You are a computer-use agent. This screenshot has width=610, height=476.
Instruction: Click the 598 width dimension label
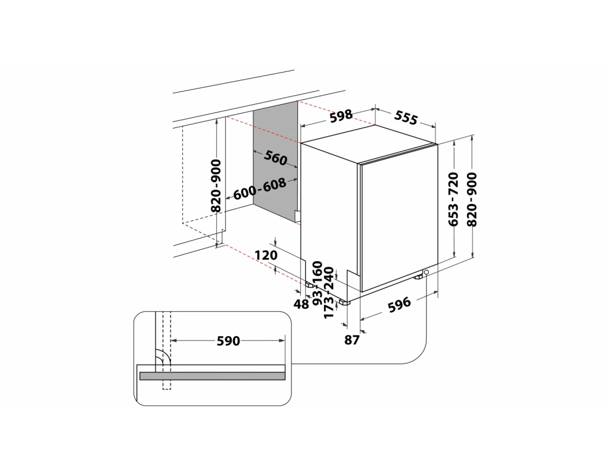(341, 115)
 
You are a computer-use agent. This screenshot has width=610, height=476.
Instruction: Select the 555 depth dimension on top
(406, 117)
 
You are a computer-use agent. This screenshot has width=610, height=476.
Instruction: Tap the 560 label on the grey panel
(275, 157)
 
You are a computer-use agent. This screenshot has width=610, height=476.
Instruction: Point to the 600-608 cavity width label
(260, 189)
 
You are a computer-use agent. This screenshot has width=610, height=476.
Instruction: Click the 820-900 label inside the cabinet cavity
(216, 186)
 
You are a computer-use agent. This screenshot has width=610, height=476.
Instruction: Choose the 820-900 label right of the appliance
(472, 199)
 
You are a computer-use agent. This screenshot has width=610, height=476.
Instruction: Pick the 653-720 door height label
(453, 199)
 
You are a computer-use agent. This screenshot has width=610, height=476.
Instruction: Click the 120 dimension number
(266, 255)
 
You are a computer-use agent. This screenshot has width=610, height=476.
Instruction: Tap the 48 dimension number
(301, 304)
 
